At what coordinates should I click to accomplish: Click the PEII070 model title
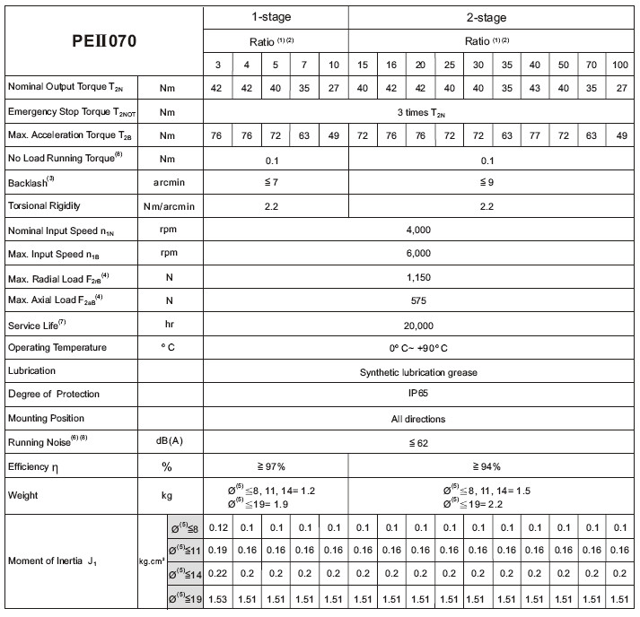[x=104, y=41]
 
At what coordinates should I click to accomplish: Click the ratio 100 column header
[x=619, y=65]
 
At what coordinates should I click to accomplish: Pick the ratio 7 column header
[x=305, y=65]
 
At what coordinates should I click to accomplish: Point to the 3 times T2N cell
[x=420, y=112]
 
